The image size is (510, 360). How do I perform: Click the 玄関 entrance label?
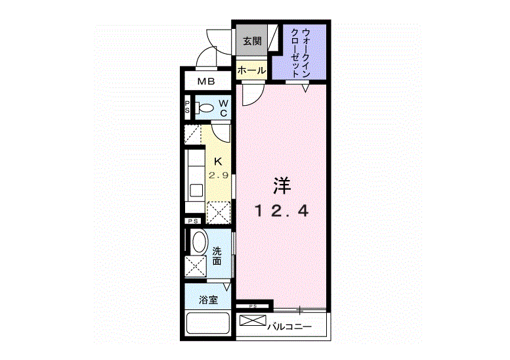pyautogui.click(x=252, y=41)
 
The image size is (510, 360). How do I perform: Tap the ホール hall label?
pyautogui.click(x=251, y=70)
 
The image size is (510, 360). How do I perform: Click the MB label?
pyautogui.click(x=207, y=82)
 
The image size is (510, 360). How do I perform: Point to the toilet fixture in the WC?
pyautogui.click(x=204, y=108)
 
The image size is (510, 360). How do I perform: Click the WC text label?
pyautogui.click(x=224, y=108)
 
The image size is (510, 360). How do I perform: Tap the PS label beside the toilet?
pyautogui.click(x=187, y=108)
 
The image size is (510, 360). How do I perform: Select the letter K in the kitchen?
pyautogui.click(x=218, y=162)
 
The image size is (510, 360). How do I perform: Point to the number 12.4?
pyautogui.click(x=282, y=212)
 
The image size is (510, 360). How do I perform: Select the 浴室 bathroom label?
pyautogui.click(x=208, y=300)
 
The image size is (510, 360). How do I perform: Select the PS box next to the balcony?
pyautogui.click(x=251, y=306)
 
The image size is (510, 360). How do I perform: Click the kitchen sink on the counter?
pyautogui.click(x=196, y=191)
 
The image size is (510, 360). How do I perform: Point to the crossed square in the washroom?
pyautogui.click(x=196, y=267)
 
